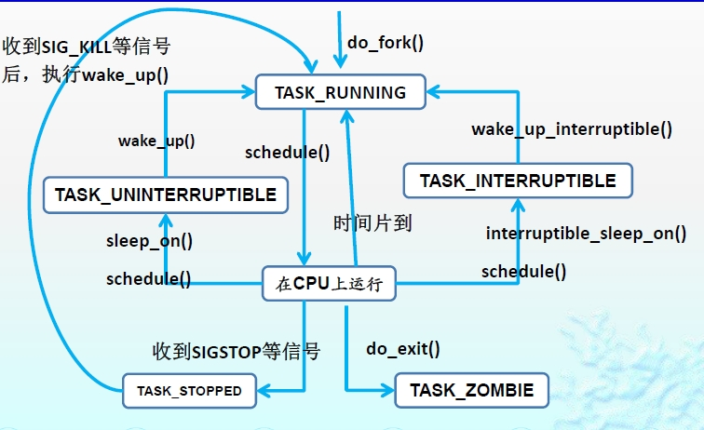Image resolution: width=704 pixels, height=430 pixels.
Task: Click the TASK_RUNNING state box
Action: point(340,93)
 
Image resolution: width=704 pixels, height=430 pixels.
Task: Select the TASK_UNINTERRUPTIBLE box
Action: point(165,195)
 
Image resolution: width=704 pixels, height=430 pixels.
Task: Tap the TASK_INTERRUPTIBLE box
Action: point(518,180)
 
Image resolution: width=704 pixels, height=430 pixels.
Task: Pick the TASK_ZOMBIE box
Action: point(472,391)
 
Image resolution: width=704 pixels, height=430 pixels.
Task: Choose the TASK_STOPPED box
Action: point(189,391)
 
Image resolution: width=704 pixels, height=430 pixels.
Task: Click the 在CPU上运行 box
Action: point(330,284)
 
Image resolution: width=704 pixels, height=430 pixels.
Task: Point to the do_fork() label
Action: point(385,42)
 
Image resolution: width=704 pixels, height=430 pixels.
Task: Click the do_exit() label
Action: point(402,349)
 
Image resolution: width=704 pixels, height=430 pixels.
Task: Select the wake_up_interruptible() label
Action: point(572,129)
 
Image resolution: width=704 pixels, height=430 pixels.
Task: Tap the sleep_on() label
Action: point(149,241)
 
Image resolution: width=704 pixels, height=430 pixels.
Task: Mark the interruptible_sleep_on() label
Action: point(586,234)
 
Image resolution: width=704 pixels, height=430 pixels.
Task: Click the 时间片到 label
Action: point(372,223)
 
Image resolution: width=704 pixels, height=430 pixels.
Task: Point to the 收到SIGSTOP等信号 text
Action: point(237,351)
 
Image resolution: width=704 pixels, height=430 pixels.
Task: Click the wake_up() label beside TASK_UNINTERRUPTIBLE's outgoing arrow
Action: point(156,141)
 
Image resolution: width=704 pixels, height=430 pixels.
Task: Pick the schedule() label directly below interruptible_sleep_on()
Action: point(523,271)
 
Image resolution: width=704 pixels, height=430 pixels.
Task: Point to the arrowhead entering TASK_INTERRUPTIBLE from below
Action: point(518,204)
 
